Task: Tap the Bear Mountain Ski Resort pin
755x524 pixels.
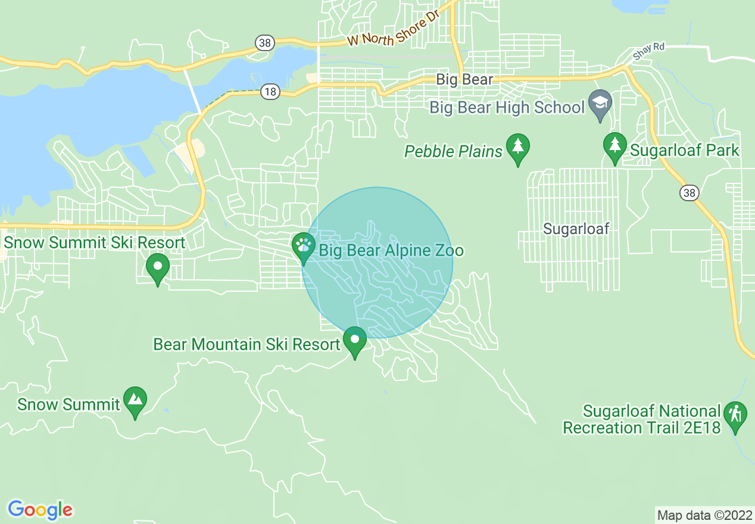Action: [x=355, y=341]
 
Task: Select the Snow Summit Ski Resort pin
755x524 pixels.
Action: [x=158, y=267]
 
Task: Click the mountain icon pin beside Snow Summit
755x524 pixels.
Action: [x=135, y=400]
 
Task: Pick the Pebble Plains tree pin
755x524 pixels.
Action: [x=518, y=147]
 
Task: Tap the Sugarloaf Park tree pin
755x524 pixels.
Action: [x=615, y=146]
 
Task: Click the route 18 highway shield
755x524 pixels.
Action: [x=270, y=91]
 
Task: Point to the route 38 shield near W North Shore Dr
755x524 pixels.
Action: [x=264, y=42]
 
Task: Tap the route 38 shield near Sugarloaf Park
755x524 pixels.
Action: [x=689, y=192]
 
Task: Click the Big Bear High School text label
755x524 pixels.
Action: [x=507, y=108]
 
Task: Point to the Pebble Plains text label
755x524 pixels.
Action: [x=454, y=152]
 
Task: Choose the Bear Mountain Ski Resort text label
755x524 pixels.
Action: [x=247, y=345]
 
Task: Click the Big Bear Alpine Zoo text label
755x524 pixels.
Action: [x=391, y=250]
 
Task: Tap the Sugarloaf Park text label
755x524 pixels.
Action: [x=684, y=150]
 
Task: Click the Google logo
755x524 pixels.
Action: [x=40, y=510]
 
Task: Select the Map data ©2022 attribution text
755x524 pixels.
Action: [x=704, y=515]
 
